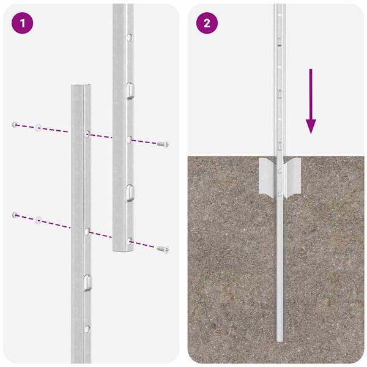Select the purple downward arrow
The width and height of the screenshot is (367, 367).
pyautogui.click(x=311, y=101)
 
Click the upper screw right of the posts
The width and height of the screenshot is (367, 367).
pyautogui.click(x=163, y=144)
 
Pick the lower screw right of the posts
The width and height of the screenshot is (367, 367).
pyautogui.click(x=163, y=249)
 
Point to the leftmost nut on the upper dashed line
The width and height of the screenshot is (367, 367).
pyautogui.click(x=14, y=125)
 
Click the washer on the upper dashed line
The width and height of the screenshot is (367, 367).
pyautogui.click(x=38, y=128)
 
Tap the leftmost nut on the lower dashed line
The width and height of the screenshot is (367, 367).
pyautogui.click(x=14, y=214)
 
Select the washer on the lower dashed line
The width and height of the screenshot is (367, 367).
pyautogui.click(x=38, y=218)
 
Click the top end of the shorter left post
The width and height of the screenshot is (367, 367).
pyautogui.click(x=81, y=87)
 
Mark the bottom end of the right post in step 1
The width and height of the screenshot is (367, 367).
pyautogui.click(x=122, y=251)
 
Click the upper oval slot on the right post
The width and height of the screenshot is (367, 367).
pyautogui.click(x=130, y=90)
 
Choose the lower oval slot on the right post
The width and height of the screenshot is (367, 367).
pyautogui.click(x=130, y=192)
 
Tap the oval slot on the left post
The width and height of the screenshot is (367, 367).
pyautogui.click(x=88, y=282)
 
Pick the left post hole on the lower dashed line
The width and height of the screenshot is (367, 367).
pyautogui.click(x=87, y=231)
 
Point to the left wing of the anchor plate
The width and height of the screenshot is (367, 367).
pyautogui.click(x=267, y=174)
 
